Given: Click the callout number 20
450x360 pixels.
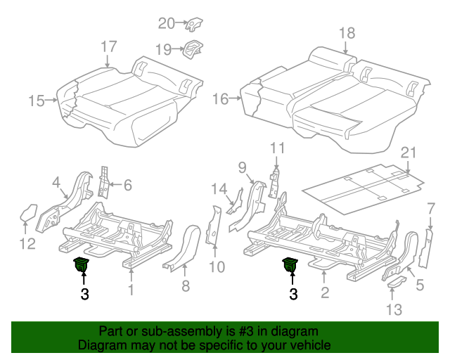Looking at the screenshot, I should tap(166, 23).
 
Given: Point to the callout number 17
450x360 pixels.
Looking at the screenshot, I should tap(108, 46).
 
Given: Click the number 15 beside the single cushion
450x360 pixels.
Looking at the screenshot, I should tap(37, 101).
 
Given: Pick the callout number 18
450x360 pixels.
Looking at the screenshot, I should tap(347, 33).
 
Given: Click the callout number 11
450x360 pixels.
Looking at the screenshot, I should tap(278, 148).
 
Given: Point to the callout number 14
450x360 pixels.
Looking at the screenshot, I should tap(219, 188).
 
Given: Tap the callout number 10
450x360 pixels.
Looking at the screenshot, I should tap(217, 266).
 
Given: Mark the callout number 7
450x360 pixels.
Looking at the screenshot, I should tap(430, 207).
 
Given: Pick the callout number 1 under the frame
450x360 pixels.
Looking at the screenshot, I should tap(130, 290).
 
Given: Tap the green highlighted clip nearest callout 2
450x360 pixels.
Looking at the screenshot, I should tap(290, 265).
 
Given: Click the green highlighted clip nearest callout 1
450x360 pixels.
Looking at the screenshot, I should tap(82, 265).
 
